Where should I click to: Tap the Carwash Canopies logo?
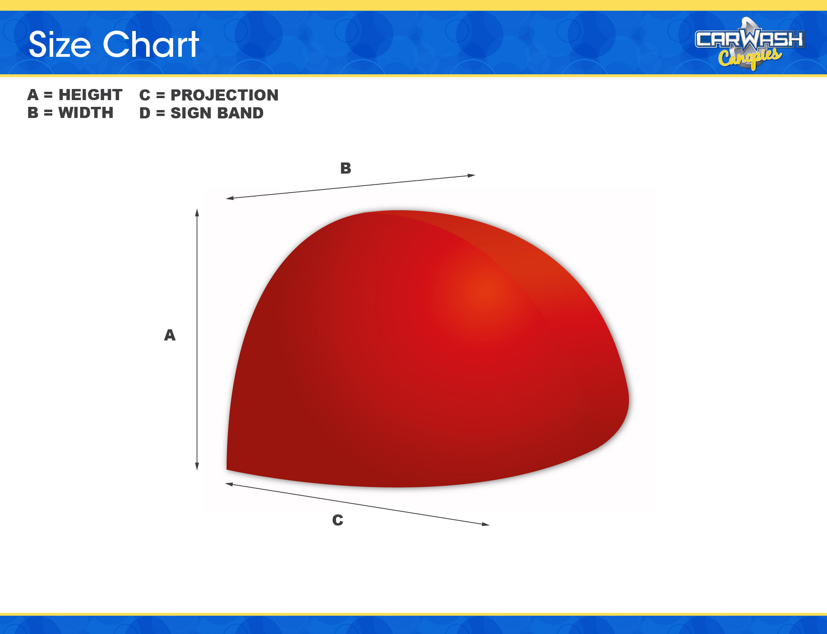click(x=750, y=44)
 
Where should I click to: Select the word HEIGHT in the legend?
click(x=91, y=95)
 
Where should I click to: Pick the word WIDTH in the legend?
click(x=86, y=113)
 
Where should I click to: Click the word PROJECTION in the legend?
click(x=225, y=95)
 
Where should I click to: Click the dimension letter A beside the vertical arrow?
click(x=170, y=335)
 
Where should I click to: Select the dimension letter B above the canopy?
click(x=346, y=168)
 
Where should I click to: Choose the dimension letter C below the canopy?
click(x=338, y=520)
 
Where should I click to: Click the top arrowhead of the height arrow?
click(x=197, y=212)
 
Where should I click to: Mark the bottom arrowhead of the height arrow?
click(x=197, y=466)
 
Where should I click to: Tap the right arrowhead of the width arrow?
click(x=471, y=175)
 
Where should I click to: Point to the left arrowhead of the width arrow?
click(x=230, y=198)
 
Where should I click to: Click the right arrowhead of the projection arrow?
click(x=486, y=524)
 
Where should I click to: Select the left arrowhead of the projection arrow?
click(x=229, y=484)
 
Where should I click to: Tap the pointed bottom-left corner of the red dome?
click(x=227, y=469)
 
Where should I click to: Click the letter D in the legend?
click(x=145, y=113)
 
